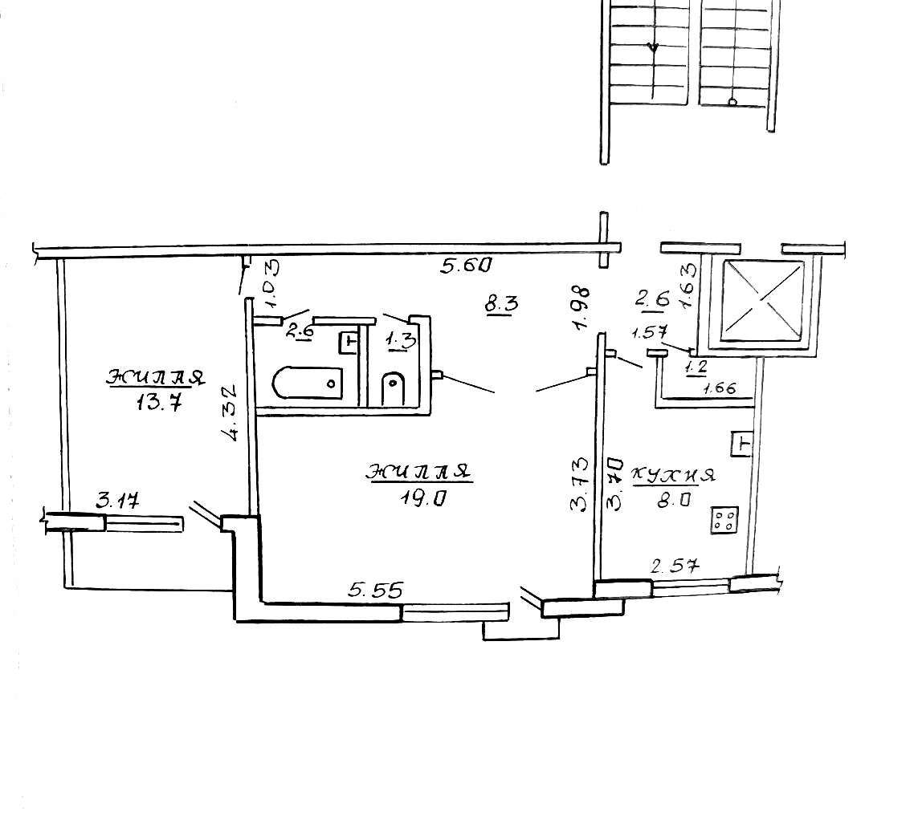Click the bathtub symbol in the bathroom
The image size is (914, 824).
point(307,383)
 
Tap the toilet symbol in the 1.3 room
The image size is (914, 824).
point(394,388)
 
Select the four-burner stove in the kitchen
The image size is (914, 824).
point(724,520)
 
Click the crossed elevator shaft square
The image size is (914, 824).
point(762,301)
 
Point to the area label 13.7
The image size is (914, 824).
point(159,402)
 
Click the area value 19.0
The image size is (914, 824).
point(422,498)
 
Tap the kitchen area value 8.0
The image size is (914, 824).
point(675,500)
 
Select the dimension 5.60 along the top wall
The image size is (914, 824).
point(467,266)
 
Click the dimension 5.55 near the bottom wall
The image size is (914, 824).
point(375,591)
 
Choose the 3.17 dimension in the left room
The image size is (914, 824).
point(118,500)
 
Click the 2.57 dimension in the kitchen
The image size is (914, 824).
point(675,566)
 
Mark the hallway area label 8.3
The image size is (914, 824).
point(501,303)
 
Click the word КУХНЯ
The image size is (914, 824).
point(674,475)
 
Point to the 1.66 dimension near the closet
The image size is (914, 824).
point(720,388)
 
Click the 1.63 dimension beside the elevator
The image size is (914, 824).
point(688,285)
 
